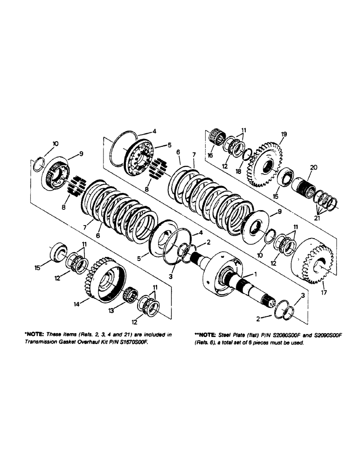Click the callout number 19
[284, 134]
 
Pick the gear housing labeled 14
[105, 281]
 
